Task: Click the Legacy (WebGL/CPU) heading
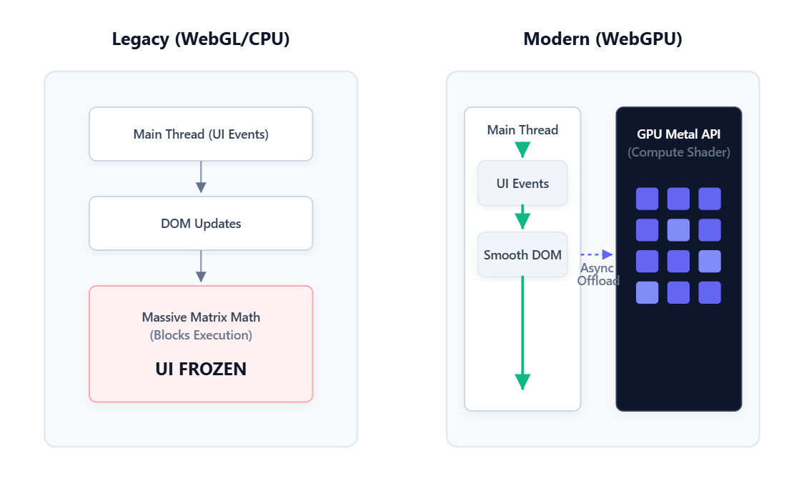201,39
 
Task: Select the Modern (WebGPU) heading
602,39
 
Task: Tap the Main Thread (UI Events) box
201,134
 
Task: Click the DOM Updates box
201,224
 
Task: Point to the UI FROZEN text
201,370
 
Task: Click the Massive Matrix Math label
201,317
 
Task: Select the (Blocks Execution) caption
201,335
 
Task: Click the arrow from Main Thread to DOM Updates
201,177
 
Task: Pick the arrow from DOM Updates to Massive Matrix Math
201,267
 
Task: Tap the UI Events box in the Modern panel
522,184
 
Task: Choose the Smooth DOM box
522,255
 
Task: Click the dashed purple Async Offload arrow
597,254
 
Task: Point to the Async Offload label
597,274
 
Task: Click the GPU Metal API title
679,135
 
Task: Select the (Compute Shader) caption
679,152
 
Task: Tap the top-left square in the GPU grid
647,199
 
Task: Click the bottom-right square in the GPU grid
710,292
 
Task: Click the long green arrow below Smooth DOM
522,332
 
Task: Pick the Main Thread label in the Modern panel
522,130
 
